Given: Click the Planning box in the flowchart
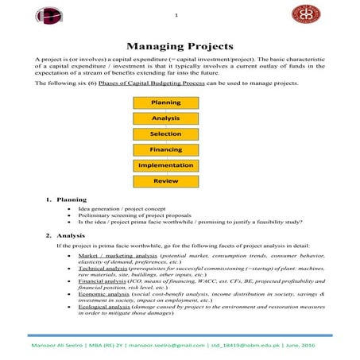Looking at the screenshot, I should [165, 103].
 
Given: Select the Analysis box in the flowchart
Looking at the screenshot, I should [165, 118].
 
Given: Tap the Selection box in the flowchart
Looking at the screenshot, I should [165, 134].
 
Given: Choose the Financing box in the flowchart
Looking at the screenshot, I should [165, 149].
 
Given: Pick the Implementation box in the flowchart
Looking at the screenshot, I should [165, 165].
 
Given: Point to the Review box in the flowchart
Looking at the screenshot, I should [165, 180].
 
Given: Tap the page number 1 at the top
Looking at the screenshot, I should [176, 14].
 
